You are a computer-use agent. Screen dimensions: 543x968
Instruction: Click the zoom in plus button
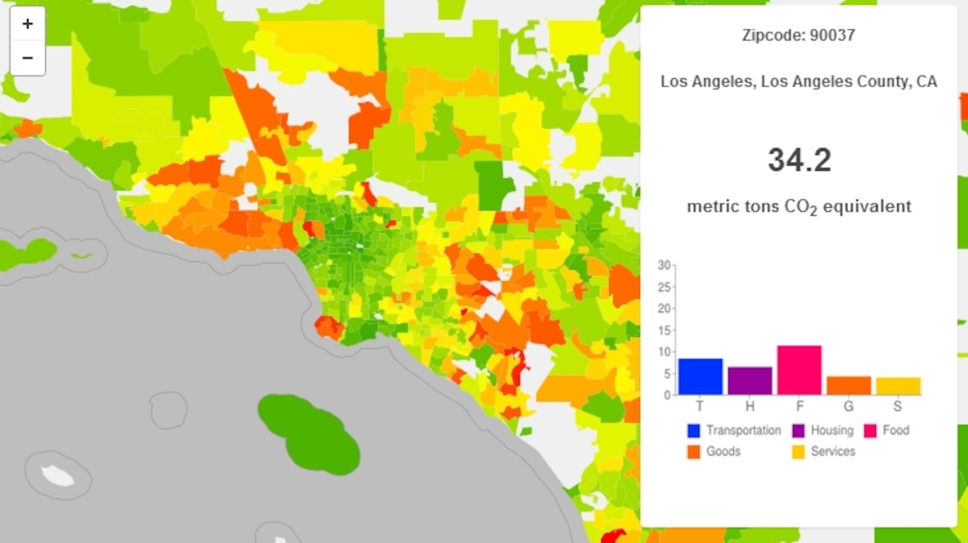pos(27,24)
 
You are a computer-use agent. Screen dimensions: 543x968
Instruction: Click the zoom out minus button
pos(27,58)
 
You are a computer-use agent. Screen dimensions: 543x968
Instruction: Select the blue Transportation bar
pos(699,376)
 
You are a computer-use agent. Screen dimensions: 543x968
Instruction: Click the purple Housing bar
pos(749,381)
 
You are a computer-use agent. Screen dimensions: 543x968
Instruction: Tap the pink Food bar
pos(799,370)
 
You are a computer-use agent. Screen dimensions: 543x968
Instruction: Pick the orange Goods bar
pos(849,385)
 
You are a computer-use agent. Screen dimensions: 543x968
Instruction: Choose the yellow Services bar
pos(898,386)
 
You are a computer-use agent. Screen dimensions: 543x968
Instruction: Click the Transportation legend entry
pos(734,430)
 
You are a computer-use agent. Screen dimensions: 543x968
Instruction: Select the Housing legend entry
pos(823,430)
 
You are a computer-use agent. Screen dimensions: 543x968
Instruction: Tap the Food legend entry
pos(887,430)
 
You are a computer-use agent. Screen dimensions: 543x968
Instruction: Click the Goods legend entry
pos(714,451)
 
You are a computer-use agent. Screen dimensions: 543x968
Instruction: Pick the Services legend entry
pos(824,451)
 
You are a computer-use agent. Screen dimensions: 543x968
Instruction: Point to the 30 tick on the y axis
pos(664,264)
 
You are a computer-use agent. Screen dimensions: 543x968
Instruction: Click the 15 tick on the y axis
pos(664,330)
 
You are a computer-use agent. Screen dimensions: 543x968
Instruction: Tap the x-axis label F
pos(799,405)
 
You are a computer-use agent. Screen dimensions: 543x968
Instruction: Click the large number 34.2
pos(799,160)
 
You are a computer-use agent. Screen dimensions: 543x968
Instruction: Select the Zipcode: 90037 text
pos(799,35)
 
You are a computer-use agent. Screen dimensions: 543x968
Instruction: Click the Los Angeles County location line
pos(799,81)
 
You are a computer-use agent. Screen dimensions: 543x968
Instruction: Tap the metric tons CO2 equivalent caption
pos(799,206)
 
